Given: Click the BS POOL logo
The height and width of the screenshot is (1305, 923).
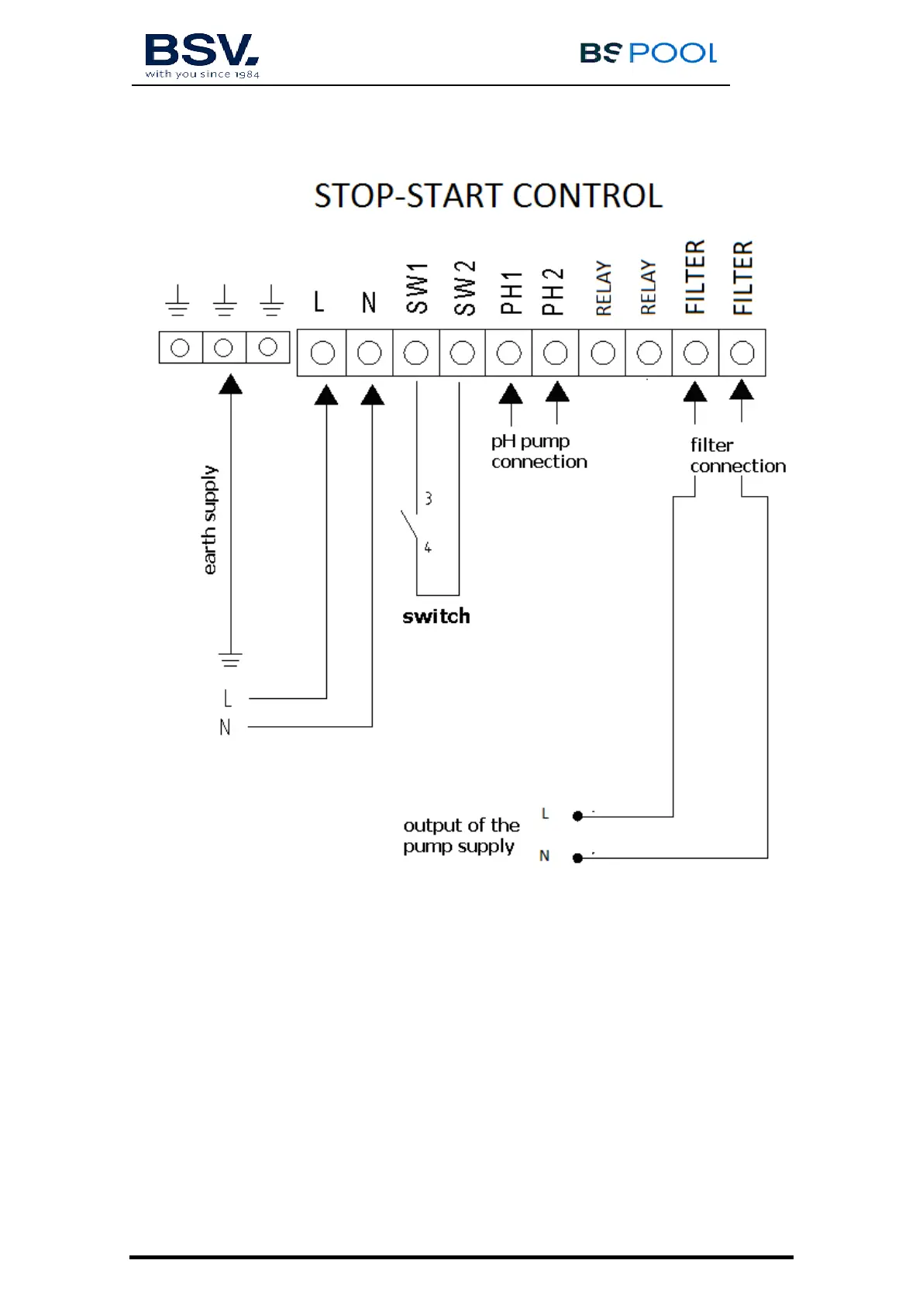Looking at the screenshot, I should [648, 53].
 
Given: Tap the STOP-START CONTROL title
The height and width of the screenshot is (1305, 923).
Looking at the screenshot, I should [488, 196].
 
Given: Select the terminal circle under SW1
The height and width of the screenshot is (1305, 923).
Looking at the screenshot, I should [416, 353].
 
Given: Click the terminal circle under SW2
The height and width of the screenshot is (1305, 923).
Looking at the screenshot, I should [463, 353].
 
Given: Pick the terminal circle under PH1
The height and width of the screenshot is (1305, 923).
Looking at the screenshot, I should [508, 353].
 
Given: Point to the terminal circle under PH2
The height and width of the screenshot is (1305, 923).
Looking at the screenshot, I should [555, 353].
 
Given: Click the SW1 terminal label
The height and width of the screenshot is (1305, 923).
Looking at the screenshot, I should [417, 288].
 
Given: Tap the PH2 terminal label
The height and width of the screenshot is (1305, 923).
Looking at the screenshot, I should [553, 291].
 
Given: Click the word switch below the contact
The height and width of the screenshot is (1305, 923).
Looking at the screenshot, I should [436, 616].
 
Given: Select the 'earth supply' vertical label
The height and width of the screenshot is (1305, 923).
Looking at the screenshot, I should [209, 520].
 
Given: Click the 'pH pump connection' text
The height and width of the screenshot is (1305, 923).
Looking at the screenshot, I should [539, 451].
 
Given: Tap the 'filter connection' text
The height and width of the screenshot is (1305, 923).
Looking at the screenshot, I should [737, 456].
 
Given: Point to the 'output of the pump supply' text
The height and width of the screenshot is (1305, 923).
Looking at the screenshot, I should [461, 835].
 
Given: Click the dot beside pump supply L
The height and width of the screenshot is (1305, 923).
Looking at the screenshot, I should [577, 816].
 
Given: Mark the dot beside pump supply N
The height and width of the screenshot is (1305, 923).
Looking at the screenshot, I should [577, 858].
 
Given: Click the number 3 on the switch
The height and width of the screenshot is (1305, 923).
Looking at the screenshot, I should [428, 498].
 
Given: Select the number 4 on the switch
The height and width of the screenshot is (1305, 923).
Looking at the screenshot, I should [427, 548].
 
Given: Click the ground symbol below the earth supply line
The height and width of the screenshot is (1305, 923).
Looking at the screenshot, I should [230, 660].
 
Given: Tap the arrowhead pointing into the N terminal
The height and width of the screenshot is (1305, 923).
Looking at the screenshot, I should [373, 395].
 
